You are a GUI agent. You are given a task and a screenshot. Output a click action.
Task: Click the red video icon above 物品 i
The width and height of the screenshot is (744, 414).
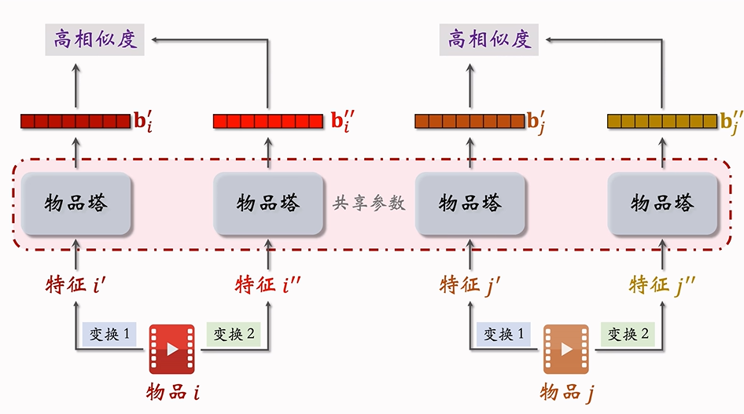172,349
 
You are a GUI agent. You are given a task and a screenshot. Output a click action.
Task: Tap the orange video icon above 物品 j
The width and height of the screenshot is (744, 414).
565,349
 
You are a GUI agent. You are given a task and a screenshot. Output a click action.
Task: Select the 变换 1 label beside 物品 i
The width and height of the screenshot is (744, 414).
110,334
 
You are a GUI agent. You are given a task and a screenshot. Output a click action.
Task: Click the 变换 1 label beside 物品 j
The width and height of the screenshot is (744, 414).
504,334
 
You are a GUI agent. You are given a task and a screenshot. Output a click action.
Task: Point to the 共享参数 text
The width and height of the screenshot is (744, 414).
369,203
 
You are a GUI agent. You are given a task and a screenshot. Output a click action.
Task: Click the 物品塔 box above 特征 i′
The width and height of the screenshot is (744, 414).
76,203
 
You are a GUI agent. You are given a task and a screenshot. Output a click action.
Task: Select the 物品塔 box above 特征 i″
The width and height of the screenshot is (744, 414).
268,203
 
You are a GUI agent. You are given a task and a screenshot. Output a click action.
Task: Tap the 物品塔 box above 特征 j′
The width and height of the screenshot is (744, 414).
470,203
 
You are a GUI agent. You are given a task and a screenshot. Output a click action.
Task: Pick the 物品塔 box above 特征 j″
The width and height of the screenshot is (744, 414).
662,203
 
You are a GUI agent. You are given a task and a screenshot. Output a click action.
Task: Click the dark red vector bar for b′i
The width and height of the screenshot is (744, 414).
76,121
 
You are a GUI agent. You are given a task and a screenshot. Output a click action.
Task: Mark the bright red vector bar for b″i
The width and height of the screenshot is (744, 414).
268,121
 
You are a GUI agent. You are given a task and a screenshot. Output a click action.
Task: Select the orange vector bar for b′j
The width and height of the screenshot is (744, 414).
470,121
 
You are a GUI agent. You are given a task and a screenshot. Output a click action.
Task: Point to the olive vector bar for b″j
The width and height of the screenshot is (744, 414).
662,121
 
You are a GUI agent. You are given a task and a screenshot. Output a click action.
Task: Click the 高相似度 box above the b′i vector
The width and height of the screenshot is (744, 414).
96,38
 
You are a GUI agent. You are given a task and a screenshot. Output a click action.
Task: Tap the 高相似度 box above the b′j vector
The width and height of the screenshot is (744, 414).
489,38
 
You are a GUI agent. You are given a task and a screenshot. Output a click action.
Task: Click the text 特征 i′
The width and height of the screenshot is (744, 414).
76,284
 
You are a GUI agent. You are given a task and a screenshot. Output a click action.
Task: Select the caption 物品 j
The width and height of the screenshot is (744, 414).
566,391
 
